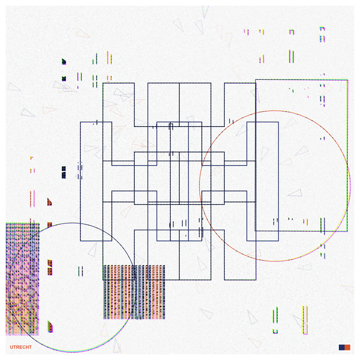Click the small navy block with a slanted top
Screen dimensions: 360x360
64,61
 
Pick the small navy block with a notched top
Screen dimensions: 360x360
64,79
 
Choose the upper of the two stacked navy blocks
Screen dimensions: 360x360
64,169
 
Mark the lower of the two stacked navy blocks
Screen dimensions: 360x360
64,175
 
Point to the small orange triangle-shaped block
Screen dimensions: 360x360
49,202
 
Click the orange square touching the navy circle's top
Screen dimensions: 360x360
50,225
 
